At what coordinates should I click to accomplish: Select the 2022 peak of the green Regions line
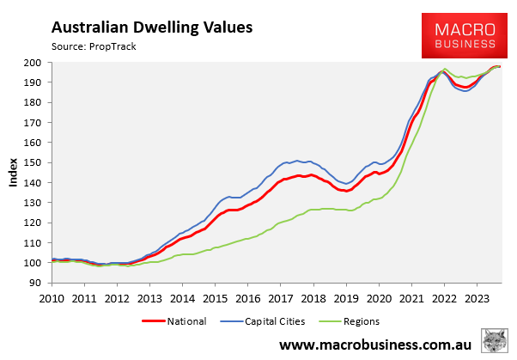(444, 69)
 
